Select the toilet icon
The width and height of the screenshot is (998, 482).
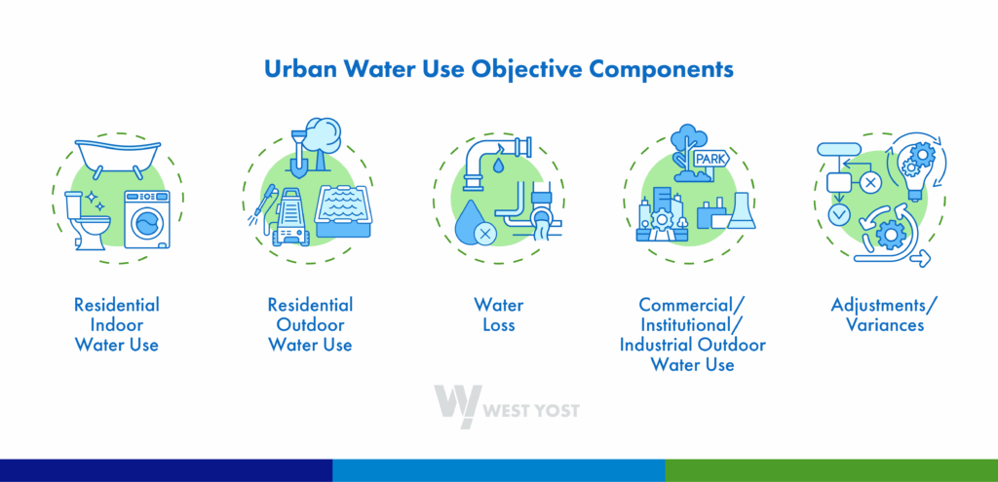coord(87,221)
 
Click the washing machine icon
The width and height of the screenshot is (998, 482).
coord(147,219)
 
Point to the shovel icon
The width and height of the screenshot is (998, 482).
coord(297,153)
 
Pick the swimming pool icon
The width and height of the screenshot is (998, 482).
coord(343,211)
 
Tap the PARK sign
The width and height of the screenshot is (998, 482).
coord(710,159)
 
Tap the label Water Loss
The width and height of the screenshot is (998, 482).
coord(499,315)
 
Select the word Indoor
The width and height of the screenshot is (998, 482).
coord(117,325)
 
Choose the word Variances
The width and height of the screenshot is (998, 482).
coord(884,325)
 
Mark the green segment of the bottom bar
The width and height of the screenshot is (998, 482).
coord(831,470)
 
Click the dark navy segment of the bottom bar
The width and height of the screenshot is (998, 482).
coord(166,470)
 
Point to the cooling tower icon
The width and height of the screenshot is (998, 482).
coord(742,210)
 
